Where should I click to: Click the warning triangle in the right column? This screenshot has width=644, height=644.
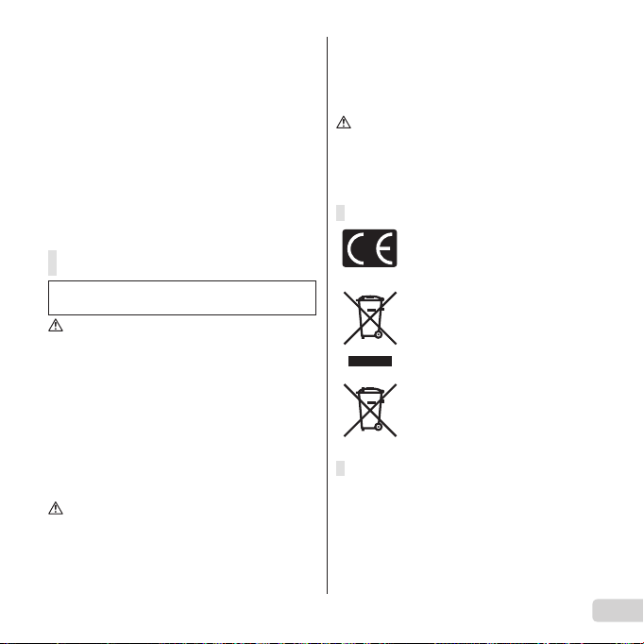pos(344,123)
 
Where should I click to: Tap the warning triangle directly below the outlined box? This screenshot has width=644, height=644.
pos(56,325)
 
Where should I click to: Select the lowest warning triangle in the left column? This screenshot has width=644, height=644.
pos(56,508)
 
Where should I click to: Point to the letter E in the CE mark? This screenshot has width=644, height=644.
pos(384,248)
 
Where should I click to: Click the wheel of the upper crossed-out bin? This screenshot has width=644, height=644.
pos(379,334)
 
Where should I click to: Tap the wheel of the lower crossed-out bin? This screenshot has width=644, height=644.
pos(379,427)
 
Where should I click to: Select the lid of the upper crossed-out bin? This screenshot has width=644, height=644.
pos(370,298)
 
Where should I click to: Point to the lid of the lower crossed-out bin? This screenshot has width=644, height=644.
pos(370,390)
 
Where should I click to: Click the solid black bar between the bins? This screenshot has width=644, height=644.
pos(370,361)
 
